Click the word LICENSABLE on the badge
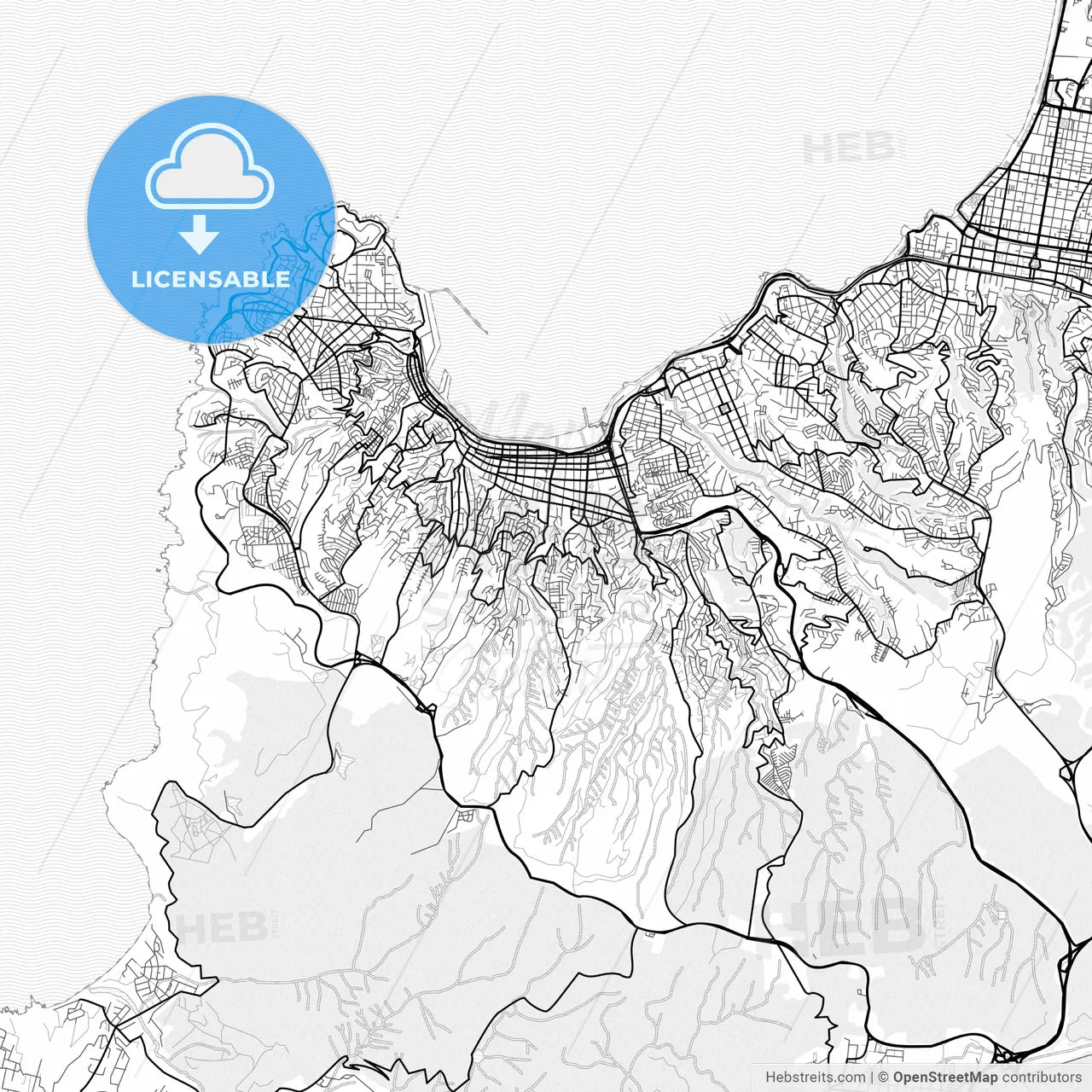[210, 279]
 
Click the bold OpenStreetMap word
[944, 1077]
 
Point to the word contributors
[1041, 1077]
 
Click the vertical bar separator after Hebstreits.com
[871, 1077]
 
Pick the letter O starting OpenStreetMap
[899, 1077]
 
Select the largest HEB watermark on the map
[845, 926]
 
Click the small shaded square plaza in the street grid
[724, 409]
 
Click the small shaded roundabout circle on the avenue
[1034, 264]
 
